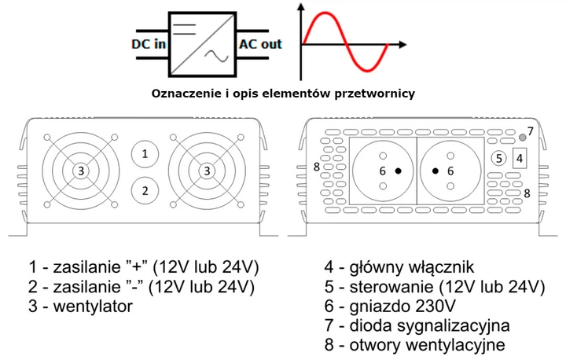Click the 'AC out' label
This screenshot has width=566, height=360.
point(260,44)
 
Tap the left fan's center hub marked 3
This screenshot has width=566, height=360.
point(82,171)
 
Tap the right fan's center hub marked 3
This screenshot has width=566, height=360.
point(207,171)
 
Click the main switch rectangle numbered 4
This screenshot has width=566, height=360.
point(519,158)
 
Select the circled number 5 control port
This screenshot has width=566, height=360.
point(497,158)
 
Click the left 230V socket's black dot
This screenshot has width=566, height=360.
point(399,171)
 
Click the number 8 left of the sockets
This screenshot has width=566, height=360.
point(316,167)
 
